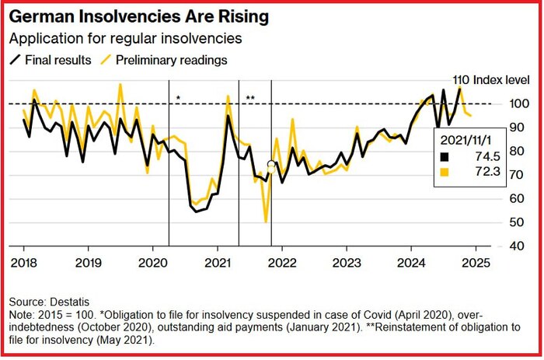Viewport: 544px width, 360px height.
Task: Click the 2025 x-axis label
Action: click(x=476, y=261)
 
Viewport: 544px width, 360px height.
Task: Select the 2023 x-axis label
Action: click(x=346, y=261)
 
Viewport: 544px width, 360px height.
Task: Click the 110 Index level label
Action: click(x=490, y=80)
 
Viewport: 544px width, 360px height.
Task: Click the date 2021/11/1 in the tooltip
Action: click(x=468, y=139)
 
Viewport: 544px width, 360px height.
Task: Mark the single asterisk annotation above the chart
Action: click(x=178, y=98)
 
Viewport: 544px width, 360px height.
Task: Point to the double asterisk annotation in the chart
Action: click(x=250, y=98)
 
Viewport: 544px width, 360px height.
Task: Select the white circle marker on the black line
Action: click(x=270, y=165)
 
